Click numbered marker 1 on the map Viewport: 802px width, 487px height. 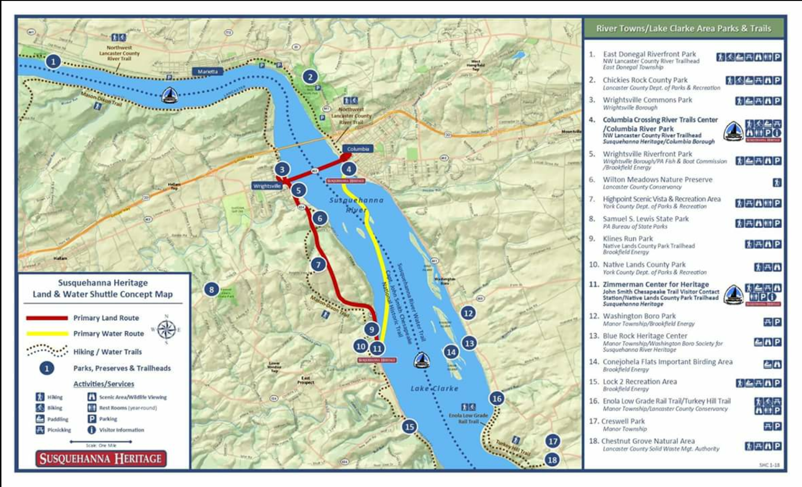click(53, 62)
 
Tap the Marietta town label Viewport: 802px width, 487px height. click(208, 72)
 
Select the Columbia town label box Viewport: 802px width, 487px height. click(358, 149)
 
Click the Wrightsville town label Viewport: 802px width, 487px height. click(267, 186)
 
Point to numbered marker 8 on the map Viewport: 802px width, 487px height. click(212, 289)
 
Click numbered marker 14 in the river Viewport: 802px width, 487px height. click(451, 352)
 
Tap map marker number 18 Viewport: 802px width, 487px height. click(552, 459)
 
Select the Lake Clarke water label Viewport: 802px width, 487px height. click(434, 388)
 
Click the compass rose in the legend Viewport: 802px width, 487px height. click(166, 330)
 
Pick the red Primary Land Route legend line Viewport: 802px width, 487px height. click(47, 318)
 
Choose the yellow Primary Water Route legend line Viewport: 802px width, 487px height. click(47, 333)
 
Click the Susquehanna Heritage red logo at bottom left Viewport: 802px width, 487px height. click(101, 458)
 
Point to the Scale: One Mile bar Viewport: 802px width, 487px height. click(101, 442)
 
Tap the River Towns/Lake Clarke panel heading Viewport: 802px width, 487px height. click(683, 29)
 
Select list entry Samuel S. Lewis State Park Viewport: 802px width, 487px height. click(646, 219)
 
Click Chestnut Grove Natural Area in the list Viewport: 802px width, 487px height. click(648, 441)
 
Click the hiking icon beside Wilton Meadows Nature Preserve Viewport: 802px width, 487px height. click(776, 183)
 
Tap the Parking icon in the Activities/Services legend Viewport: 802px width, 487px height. click(92, 419)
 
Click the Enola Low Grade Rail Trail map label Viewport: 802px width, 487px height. click(468, 418)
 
